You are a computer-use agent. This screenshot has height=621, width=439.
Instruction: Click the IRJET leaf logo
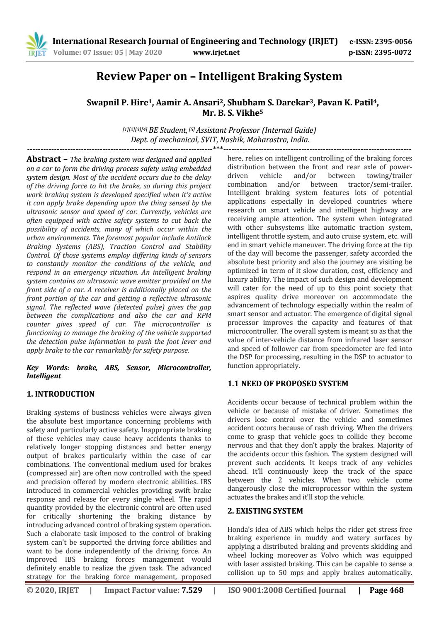pyautogui.click(x=36, y=46)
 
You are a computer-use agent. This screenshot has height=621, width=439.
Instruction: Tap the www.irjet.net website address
pyautogui.click(x=216, y=52)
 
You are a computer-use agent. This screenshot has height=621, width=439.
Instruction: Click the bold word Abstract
pyautogui.click(x=44, y=159)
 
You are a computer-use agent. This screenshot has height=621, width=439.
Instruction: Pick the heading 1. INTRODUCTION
pyautogui.click(x=61, y=394)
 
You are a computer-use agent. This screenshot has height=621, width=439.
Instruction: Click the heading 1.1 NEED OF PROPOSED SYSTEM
pyautogui.click(x=288, y=383)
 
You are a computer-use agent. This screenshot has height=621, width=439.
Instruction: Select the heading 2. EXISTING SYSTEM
pyautogui.click(x=265, y=511)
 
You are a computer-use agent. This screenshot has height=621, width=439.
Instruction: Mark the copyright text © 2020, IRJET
pyautogui.click(x=53, y=590)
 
